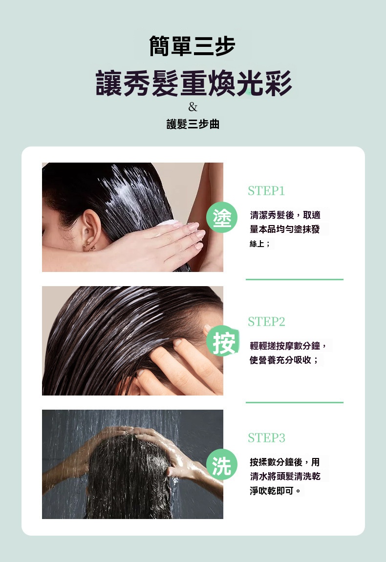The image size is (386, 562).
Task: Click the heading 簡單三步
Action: [193, 46]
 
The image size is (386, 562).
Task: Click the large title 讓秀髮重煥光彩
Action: [193, 83]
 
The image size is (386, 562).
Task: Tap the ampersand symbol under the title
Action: [193, 107]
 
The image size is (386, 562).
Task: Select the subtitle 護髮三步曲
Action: [193, 124]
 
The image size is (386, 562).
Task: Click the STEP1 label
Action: [266, 191]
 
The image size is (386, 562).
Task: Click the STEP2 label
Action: [266, 321]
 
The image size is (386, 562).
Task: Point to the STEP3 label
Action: [266, 437]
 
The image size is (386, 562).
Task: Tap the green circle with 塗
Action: [222, 217]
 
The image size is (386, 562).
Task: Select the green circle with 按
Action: [222, 341]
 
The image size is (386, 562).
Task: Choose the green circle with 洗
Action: [222, 464]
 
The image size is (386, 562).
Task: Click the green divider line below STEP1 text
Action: [295, 279]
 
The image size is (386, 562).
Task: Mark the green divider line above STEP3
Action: [295, 402]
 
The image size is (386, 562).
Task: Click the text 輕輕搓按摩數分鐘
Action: [285, 346]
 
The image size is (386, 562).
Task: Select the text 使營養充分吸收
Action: [280, 360]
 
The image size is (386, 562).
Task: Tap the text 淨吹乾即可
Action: [272, 491]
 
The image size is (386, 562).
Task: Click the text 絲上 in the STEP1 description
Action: [257, 244]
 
